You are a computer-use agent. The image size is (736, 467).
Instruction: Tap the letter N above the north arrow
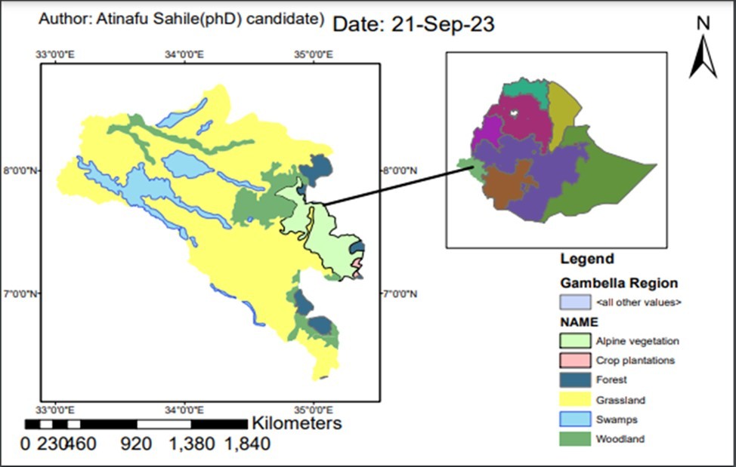704,23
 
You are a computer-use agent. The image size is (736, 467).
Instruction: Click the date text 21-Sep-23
442,24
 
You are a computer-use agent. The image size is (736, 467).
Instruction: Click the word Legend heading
586,260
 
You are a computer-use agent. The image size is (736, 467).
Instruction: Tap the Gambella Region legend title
619,283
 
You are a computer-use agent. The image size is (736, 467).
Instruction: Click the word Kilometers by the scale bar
297,422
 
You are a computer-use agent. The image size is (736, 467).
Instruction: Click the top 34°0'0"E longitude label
184,55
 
